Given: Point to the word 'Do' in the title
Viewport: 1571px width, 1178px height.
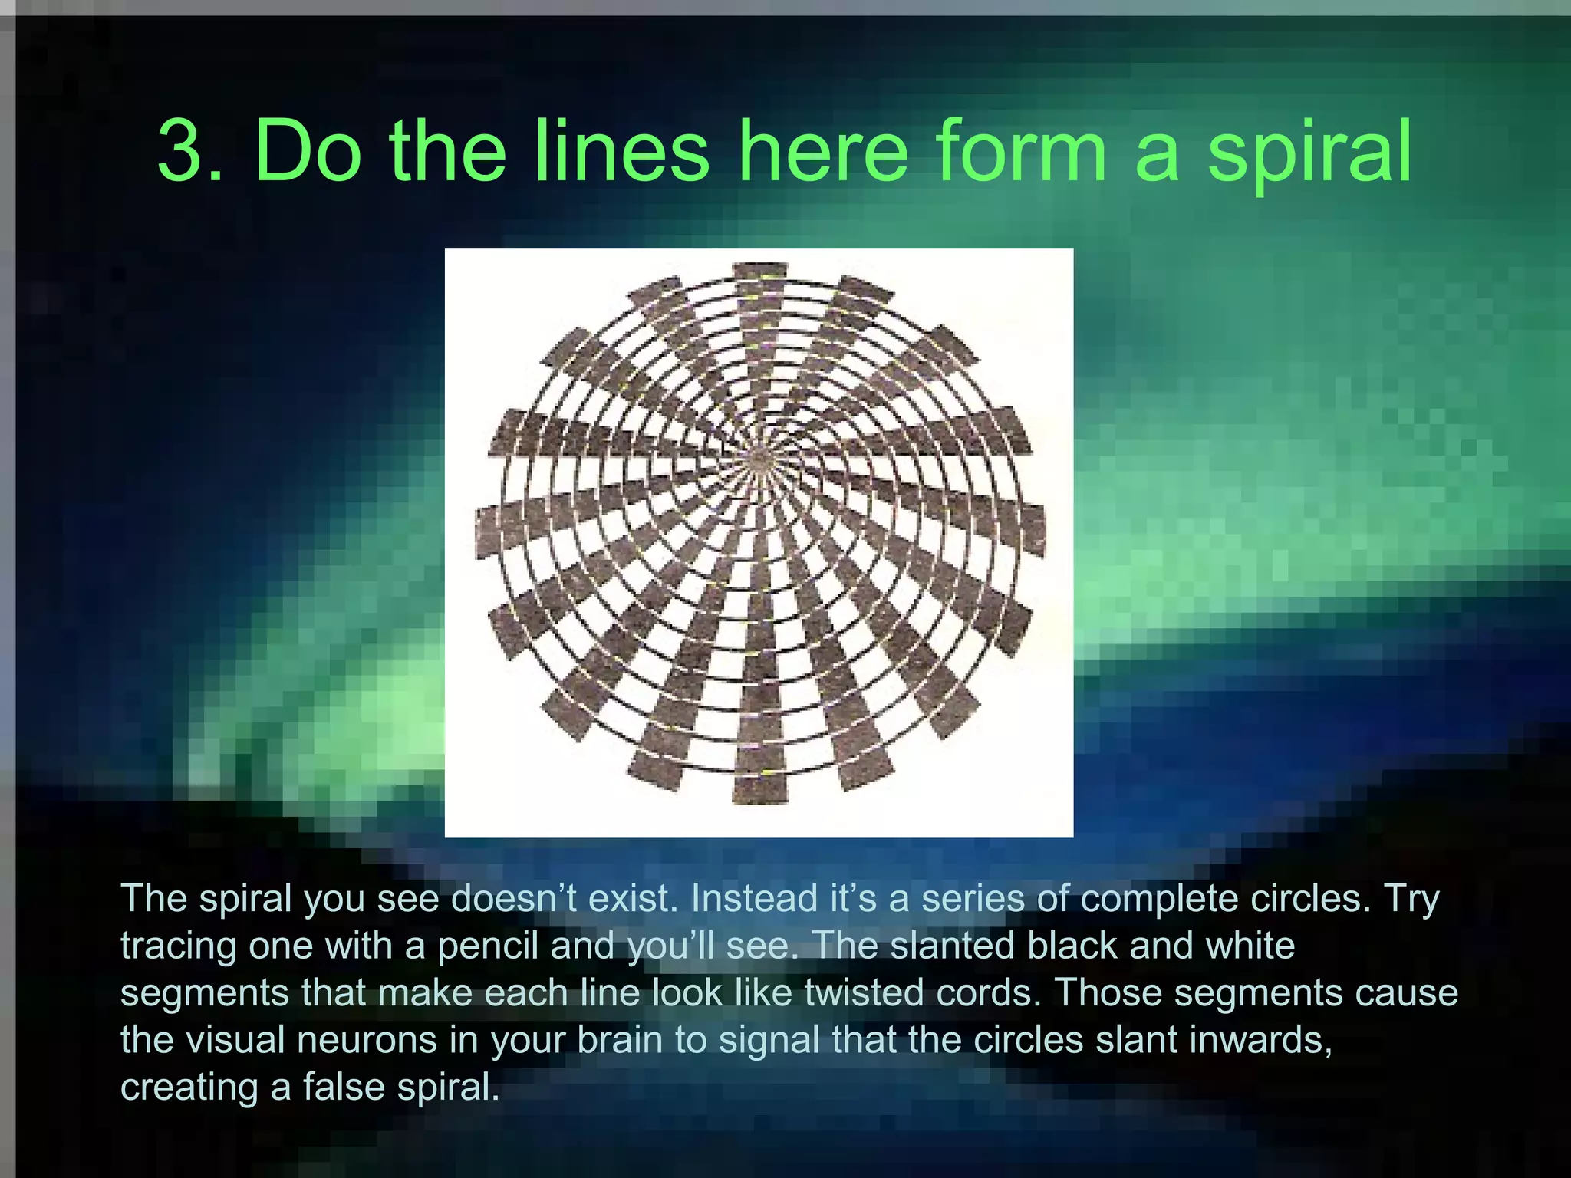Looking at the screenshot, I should click(x=307, y=151).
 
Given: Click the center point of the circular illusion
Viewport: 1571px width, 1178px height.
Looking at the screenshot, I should click(x=759, y=459).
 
